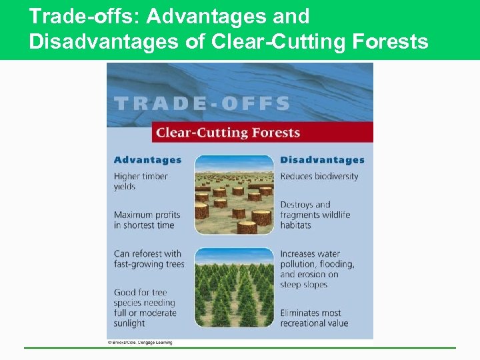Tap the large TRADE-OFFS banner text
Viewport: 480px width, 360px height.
[202, 104]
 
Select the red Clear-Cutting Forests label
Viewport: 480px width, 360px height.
[227, 133]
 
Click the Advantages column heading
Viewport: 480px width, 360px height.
[147, 160]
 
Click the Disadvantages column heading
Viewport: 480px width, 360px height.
[322, 160]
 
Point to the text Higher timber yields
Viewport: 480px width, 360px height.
[141, 181]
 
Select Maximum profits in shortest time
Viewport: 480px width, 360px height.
[147, 220]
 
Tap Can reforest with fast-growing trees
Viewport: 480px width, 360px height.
[149, 259]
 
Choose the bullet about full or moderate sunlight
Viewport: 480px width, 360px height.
[145, 307]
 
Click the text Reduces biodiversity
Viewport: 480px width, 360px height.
[319, 177]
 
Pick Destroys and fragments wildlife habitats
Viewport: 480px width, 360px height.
[315, 215]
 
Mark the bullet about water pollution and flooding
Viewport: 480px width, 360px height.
[317, 269]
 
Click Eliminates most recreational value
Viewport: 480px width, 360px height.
[314, 318]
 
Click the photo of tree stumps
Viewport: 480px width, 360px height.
[233, 195]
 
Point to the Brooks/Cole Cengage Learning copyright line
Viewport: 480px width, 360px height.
[139, 343]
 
